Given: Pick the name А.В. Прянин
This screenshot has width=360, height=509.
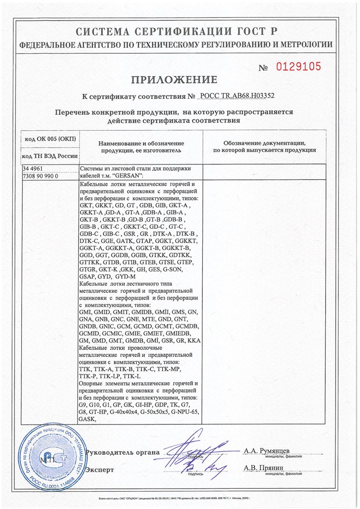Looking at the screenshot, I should click(x=264, y=468).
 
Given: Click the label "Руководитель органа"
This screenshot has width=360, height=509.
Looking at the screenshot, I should click(x=123, y=452).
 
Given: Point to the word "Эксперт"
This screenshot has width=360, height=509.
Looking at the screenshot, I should click(x=99, y=470).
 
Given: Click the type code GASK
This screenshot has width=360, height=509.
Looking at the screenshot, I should click(x=88, y=419).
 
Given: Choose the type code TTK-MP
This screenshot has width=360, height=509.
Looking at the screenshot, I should click(x=171, y=370).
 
